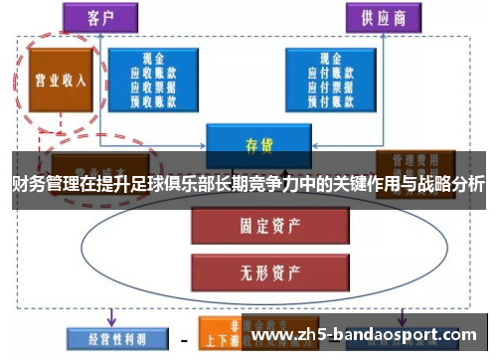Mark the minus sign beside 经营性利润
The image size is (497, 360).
click(x=184, y=337)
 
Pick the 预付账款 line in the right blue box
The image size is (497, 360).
click(x=335, y=99)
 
